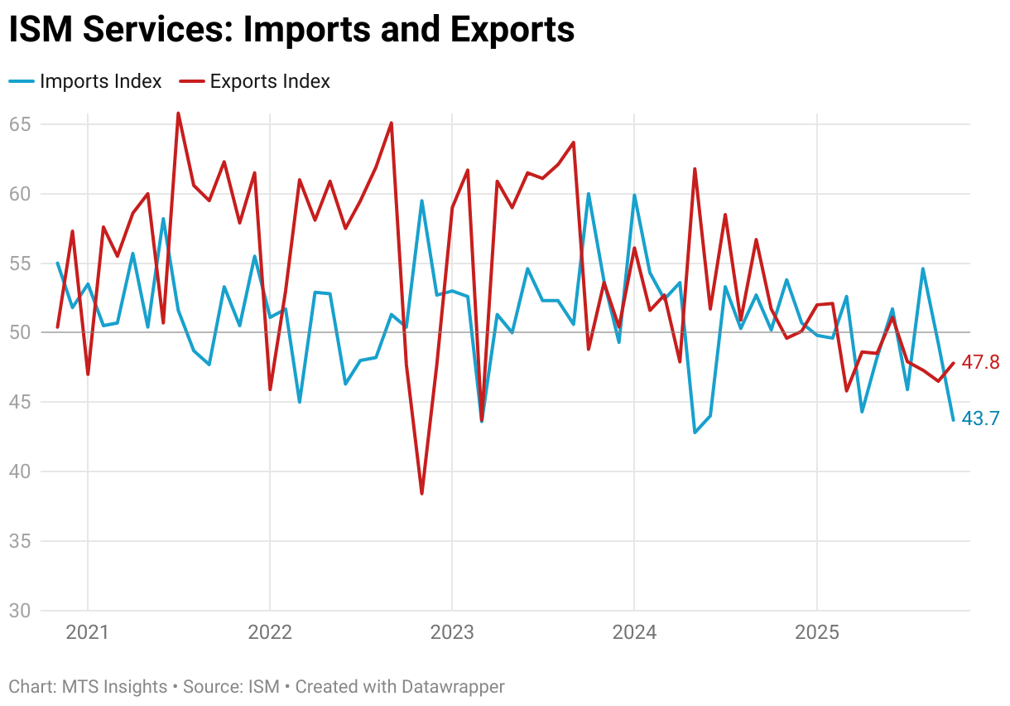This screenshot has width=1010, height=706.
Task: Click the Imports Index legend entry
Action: pos(100,81)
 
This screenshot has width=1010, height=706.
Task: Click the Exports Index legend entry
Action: pos(270,81)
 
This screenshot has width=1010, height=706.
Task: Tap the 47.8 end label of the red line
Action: pos(981,362)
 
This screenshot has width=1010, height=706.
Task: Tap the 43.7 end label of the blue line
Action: pos(981,419)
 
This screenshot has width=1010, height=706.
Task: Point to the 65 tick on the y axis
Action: pos(21,124)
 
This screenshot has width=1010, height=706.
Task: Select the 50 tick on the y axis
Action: pos(21,332)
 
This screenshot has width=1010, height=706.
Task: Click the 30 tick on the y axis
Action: pos(21,611)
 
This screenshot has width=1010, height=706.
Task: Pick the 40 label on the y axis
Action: pos(21,471)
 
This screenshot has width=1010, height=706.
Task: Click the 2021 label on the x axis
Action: pos(88,633)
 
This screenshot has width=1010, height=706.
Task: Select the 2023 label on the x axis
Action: pos(452,633)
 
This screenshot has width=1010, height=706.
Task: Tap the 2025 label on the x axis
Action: pos(817,633)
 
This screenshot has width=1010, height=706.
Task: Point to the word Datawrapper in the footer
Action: pos(453,687)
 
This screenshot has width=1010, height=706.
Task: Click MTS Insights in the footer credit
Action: pos(113,687)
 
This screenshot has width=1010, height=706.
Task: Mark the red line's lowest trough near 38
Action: pos(421,494)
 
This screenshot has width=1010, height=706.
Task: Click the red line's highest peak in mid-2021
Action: pos(178,114)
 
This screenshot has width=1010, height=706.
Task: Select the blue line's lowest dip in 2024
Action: pos(695,433)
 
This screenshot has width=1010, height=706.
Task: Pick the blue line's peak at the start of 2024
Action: pos(634,196)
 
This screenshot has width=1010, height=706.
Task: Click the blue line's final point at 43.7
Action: pos(953,420)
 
